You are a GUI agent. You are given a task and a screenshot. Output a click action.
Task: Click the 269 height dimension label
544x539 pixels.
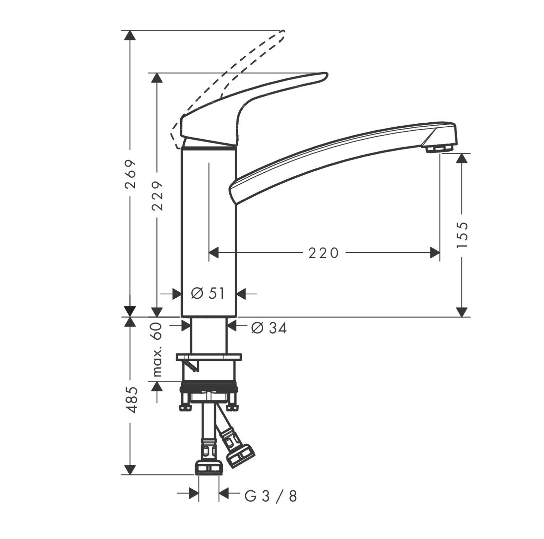coord(130,173)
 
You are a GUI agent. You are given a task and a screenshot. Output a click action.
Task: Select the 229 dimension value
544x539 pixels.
coord(157,196)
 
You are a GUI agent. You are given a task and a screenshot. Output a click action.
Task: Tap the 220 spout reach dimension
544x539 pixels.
coord(323,253)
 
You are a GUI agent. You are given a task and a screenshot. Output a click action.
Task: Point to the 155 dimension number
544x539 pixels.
coord(462,235)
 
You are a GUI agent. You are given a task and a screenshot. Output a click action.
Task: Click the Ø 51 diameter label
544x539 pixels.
coord(208,293)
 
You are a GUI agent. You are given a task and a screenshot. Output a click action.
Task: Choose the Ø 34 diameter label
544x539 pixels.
coord(269,328)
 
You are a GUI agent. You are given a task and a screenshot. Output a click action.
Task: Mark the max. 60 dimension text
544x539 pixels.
coord(157,350)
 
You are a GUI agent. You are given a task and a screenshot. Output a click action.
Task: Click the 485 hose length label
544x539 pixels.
coord(130,400)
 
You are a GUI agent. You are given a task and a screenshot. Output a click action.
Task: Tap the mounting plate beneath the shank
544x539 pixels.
coord(209,357)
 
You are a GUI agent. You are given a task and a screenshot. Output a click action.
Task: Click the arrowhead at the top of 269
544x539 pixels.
coord(130,35)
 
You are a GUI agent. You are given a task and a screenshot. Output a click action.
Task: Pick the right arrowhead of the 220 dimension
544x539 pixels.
coord(435,253)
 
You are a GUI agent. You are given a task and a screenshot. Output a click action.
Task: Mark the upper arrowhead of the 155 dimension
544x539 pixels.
coord(462,158)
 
